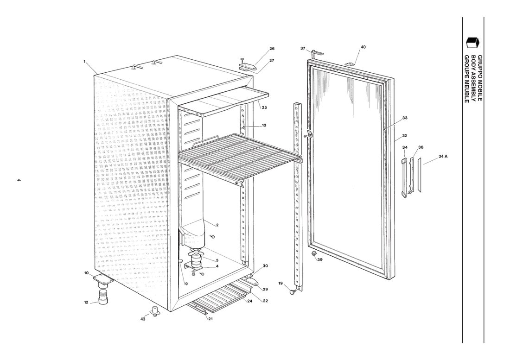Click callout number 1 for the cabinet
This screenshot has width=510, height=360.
coord(84,61)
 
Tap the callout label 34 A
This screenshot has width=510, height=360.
coord(443,156)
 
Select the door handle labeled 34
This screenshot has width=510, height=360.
coord(404,178)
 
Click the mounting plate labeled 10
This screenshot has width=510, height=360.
coord(102,279)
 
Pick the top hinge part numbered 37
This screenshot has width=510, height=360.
coord(317,54)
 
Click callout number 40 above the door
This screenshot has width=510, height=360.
coord(363,47)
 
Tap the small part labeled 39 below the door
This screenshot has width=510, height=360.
coord(314,253)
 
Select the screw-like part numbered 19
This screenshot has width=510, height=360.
coord(293,292)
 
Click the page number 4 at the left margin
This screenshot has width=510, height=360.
coord(19,180)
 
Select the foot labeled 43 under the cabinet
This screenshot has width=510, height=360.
coord(155,310)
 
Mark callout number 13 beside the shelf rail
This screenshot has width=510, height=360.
coord(264,125)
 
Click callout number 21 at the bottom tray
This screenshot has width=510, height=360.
coord(210,319)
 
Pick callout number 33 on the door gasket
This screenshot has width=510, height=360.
coord(405,118)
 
